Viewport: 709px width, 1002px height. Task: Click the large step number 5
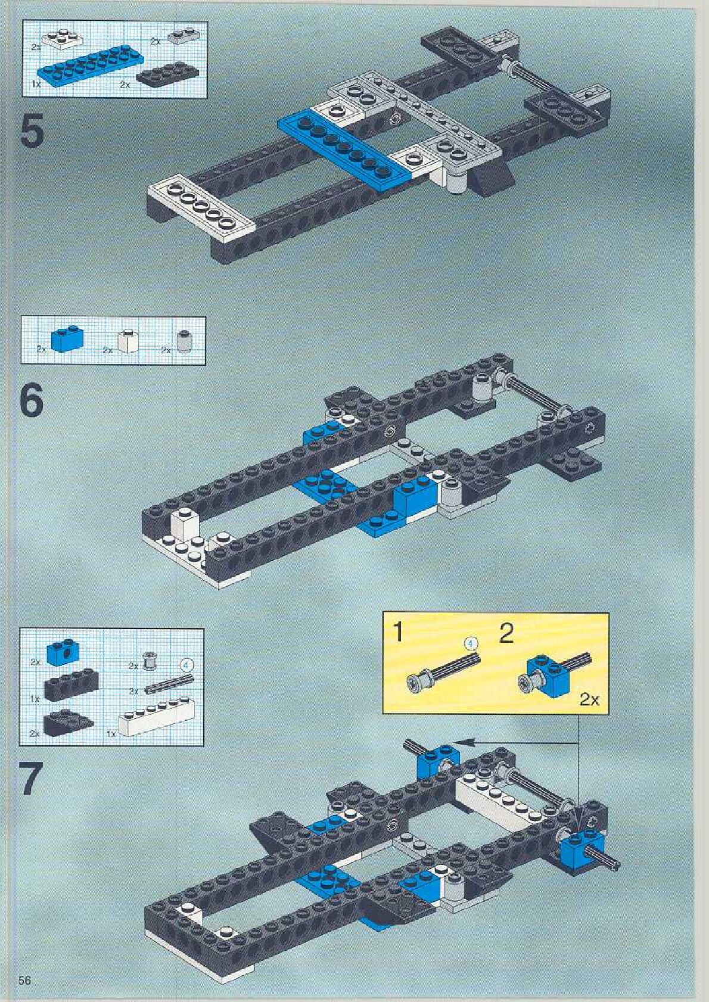(32, 131)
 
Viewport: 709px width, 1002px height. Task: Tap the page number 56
(25, 981)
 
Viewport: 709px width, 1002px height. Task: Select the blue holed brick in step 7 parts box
(64, 651)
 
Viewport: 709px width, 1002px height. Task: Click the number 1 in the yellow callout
(398, 632)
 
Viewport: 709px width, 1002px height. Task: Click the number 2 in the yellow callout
(506, 633)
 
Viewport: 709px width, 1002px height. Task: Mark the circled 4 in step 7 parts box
(188, 664)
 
